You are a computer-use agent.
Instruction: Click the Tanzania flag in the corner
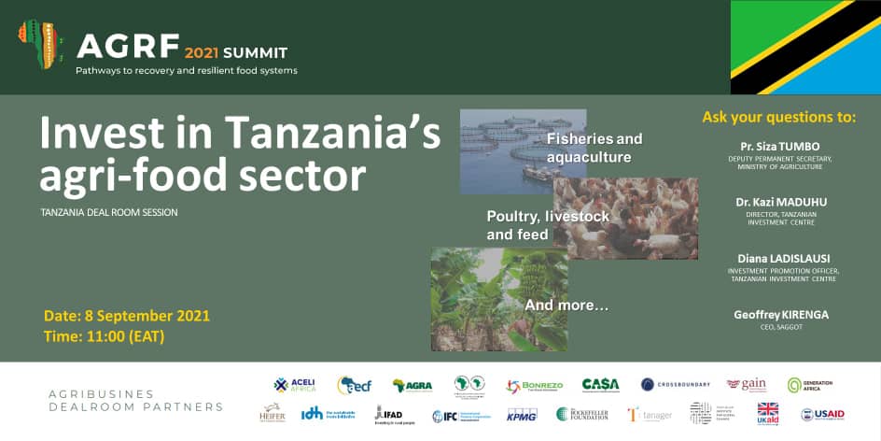805,47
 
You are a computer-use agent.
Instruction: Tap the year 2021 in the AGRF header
201,53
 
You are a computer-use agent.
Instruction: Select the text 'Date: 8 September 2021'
127,316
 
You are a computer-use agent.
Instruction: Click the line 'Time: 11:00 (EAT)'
104,336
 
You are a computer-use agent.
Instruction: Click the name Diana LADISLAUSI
783,259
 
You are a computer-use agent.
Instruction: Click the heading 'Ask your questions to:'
778,118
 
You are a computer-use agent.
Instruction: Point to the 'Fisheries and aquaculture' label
594,148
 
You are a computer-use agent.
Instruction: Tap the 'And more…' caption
566,305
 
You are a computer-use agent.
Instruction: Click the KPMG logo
522,414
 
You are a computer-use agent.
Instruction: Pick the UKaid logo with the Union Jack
767,413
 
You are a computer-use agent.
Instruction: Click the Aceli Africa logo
295,385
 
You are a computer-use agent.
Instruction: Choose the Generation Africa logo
809,385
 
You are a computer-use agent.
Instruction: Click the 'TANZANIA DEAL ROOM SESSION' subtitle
109,212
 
